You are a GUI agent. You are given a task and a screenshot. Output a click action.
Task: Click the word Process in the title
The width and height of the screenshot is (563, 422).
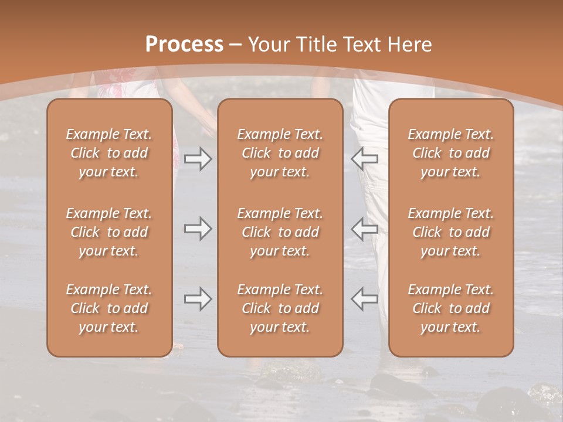tap(184, 44)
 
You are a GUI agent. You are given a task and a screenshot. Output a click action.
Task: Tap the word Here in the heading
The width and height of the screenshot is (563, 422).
tap(410, 44)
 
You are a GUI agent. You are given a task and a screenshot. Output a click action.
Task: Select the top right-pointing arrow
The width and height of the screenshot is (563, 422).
tap(198, 159)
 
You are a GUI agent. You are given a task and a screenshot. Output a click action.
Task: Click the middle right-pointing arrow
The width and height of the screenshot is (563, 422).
tap(198, 229)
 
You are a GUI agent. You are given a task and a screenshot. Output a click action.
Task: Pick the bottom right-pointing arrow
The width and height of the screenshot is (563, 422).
tap(198, 299)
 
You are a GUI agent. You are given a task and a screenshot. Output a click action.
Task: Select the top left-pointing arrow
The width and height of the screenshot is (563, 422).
tap(365, 159)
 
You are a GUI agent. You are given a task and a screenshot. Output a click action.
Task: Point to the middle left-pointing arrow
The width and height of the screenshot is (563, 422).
tap(365, 229)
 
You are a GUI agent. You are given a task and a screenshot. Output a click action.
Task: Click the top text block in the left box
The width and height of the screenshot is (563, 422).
tap(109, 153)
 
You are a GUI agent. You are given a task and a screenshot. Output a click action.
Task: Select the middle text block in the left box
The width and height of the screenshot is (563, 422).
tap(109, 232)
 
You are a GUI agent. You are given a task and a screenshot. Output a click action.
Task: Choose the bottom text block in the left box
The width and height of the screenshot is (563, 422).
tap(109, 308)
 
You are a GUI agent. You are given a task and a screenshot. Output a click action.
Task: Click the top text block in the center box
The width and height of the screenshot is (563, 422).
tap(280, 153)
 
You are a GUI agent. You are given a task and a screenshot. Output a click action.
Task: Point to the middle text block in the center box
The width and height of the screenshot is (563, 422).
tap(280, 232)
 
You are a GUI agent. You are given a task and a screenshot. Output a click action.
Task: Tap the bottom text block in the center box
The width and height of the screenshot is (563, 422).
tap(280, 308)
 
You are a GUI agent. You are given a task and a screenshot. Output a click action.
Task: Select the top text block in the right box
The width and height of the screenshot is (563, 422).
tap(451, 153)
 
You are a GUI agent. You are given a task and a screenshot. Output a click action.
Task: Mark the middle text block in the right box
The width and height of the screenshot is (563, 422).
tap(451, 232)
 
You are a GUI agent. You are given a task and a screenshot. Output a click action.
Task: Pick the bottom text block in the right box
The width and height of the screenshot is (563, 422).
tap(451, 308)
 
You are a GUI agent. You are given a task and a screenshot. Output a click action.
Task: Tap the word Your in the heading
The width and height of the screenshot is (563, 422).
tap(268, 44)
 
